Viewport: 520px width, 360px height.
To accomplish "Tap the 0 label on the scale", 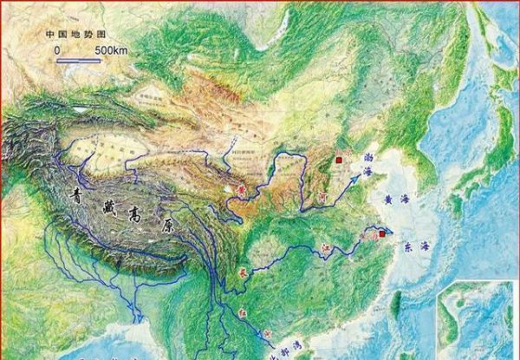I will (57, 50).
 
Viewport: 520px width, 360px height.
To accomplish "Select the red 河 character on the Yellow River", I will (318, 198).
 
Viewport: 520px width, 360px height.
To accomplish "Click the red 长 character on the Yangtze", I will (244, 271).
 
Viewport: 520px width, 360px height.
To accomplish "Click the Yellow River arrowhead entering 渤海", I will (359, 173).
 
